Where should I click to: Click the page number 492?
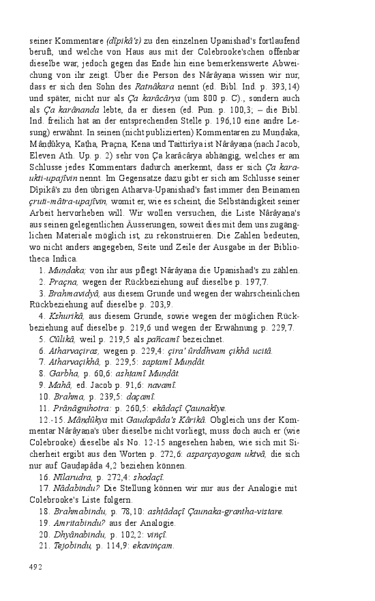pos(36,566)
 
